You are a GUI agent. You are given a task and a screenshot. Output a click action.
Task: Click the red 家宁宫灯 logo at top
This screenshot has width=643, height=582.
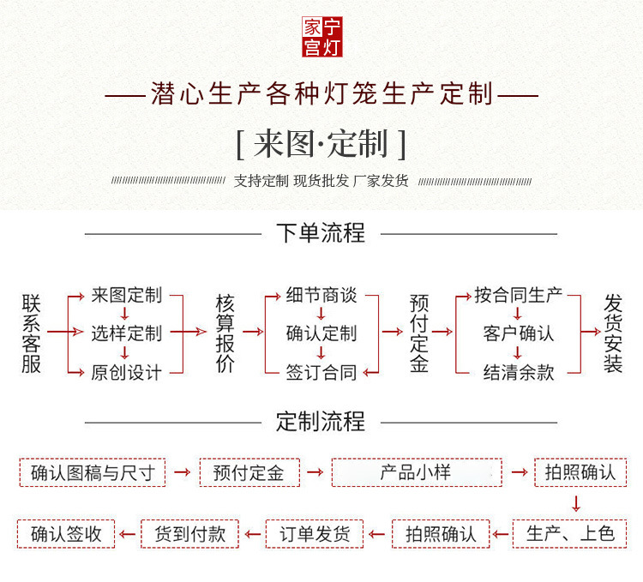coord(321,38)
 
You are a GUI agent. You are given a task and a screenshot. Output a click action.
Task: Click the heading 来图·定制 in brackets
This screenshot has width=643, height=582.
coord(321,143)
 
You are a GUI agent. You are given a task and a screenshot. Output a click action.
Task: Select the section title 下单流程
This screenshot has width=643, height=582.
coord(321,232)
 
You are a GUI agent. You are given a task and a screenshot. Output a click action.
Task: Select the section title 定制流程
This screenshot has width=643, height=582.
coord(321,421)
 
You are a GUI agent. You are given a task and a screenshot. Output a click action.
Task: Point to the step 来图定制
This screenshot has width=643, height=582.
coord(126,295)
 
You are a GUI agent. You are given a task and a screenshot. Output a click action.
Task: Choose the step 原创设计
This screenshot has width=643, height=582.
coord(126,372)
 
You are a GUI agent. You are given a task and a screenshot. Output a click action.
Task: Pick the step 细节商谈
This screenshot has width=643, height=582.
coord(321,295)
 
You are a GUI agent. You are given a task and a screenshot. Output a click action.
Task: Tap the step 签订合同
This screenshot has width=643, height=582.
coord(321,372)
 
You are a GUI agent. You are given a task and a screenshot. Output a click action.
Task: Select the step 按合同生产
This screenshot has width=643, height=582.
coord(519,295)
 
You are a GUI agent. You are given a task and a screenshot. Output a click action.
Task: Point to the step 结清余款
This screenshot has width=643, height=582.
coord(519,372)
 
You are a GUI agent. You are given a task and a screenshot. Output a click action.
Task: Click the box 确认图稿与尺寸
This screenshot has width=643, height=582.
coord(93,472)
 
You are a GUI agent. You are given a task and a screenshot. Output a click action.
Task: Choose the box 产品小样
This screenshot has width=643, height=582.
coord(416,472)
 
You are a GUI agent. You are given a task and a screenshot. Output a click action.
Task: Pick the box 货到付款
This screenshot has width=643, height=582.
coord(190,533)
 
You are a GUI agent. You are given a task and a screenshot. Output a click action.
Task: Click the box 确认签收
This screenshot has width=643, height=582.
coord(66,533)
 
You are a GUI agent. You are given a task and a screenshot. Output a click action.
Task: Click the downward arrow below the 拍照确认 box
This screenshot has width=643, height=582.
coord(577,503)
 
